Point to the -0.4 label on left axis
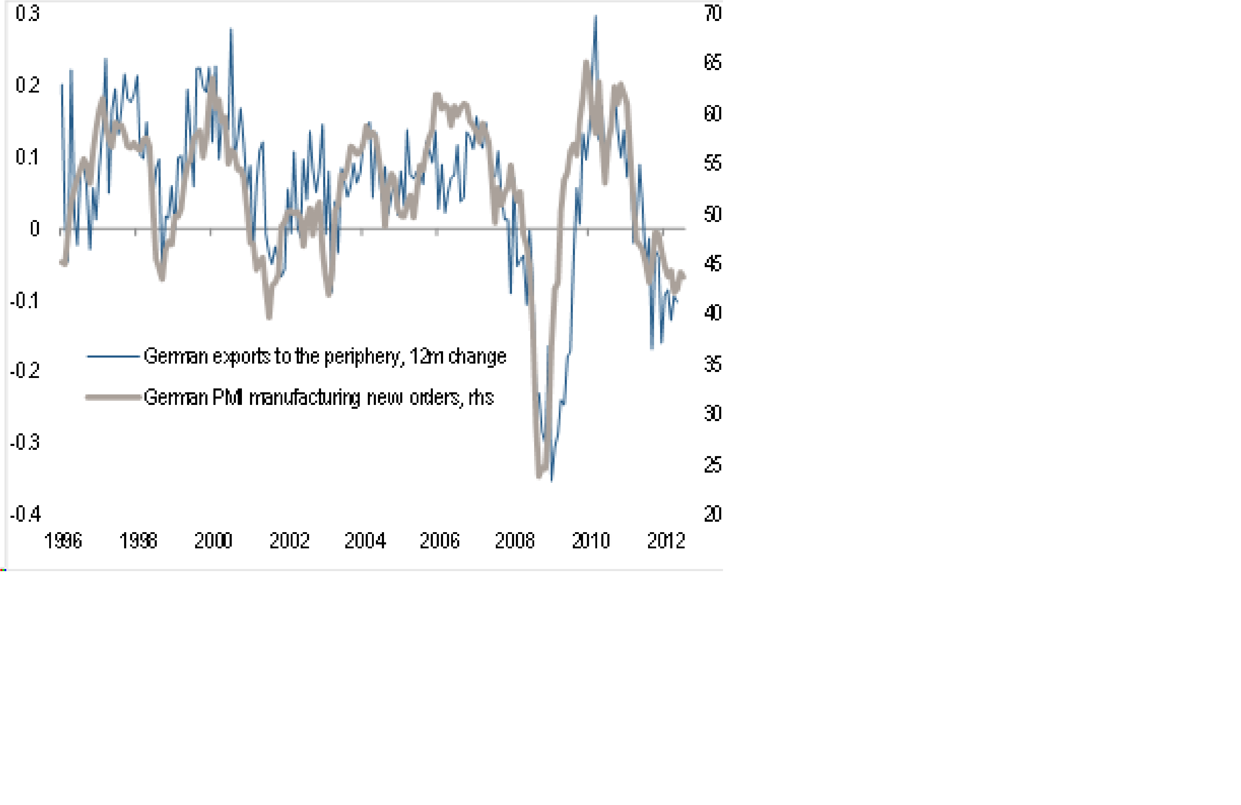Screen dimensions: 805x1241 click(25, 514)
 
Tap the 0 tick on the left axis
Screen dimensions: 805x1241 click(34, 229)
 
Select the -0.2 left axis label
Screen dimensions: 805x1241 click(25, 370)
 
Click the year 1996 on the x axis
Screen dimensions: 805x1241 click(63, 541)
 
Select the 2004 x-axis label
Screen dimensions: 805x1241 click(365, 541)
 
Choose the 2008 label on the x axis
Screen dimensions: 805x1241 click(515, 541)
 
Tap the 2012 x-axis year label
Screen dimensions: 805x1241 click(666, 541)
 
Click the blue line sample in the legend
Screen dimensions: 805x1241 click(113, 356)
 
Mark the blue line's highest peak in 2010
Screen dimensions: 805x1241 click(596, 16)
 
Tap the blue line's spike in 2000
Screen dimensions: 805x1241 click(231, 29)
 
